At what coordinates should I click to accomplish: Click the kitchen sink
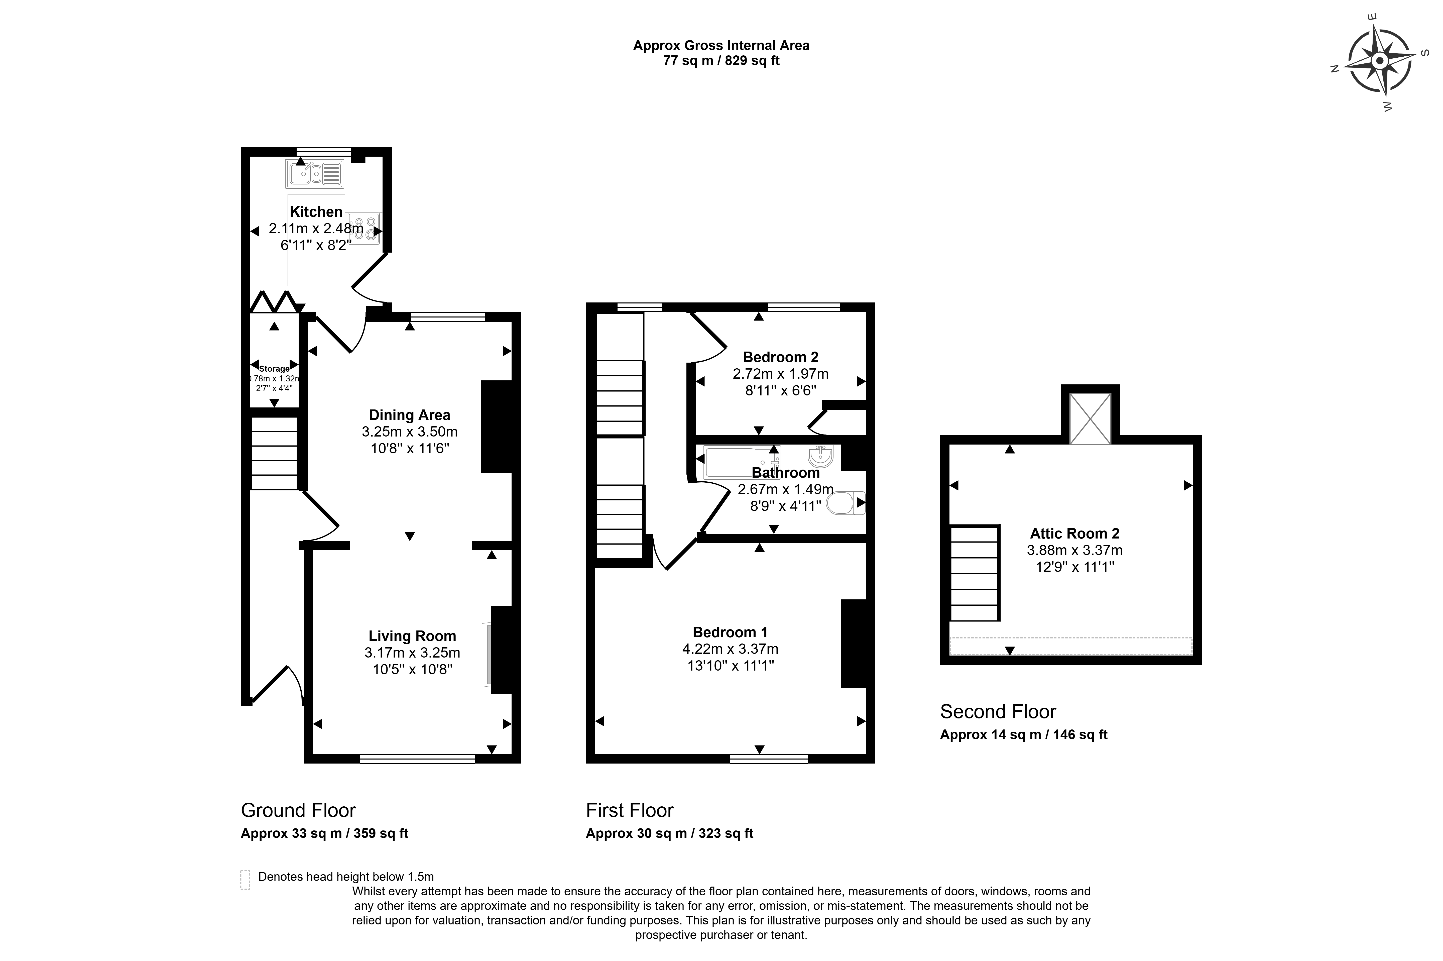click(314, 173)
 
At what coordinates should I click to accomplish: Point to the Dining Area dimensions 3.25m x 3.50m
click(409, 432)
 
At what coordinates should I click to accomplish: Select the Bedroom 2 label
click(781, 357)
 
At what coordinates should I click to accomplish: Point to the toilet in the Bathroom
click(846, 503)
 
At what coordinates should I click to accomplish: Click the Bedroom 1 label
click(730, 632)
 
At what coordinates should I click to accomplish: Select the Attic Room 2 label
click(1075, 533)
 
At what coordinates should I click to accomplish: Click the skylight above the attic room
click(1090, 418)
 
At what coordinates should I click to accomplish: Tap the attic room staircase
click(974, 573)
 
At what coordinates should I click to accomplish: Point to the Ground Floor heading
click(298, 810)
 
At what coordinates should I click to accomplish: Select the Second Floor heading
click(998, 712)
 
